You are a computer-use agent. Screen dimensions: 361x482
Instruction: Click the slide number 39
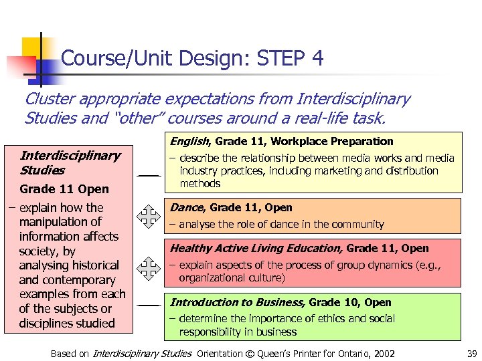471,353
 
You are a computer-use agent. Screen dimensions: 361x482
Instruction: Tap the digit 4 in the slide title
317,59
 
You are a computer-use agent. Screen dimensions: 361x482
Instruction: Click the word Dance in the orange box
185,207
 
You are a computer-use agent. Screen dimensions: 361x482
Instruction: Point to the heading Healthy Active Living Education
256,248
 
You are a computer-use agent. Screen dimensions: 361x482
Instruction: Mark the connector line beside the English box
149,175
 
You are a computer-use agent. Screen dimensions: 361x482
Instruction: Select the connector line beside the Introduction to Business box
149,305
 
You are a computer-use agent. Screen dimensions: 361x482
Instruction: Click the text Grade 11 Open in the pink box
64,189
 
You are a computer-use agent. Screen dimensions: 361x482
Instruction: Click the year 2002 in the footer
382,353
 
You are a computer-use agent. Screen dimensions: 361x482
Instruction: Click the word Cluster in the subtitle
50,99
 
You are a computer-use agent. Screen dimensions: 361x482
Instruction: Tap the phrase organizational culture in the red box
232,277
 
